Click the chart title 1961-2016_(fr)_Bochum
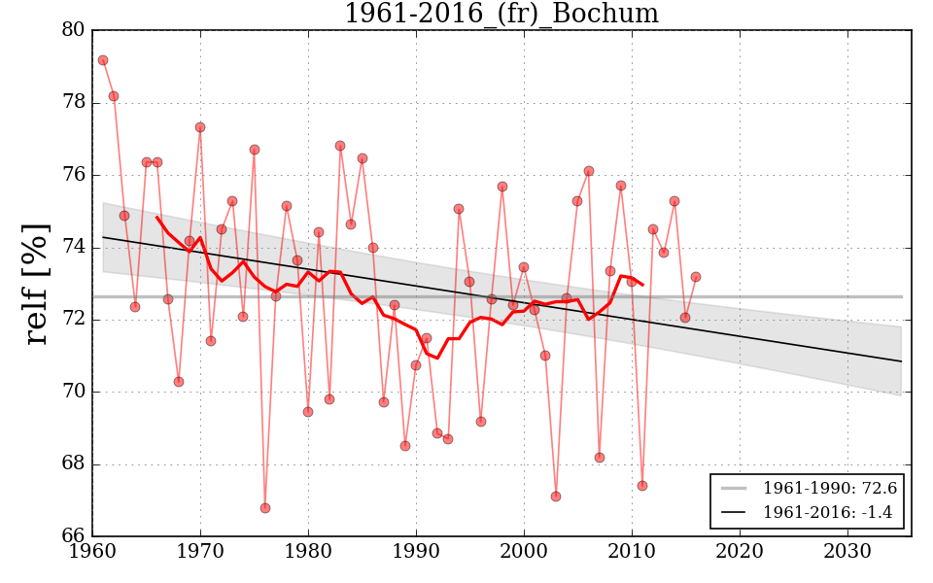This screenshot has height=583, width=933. pos(501,15)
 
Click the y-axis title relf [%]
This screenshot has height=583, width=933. pos(36,284)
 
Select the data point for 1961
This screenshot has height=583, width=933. pos(103,60)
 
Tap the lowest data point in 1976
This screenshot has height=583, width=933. pos(265,508)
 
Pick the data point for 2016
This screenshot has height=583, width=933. pos(696,277)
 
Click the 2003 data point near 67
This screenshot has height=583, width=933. pos(556,497)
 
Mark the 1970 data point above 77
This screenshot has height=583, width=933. pos(200,127)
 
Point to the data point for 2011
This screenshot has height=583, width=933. pos(642,486)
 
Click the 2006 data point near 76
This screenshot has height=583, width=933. pos(589,171)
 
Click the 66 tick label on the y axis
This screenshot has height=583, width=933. pos(74,536)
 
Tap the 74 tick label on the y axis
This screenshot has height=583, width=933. pos(74,248)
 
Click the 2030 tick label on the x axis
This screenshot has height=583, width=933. pos(847,551)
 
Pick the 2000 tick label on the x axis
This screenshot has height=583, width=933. pos(524,551)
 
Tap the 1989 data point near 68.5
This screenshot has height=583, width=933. pos(405,446)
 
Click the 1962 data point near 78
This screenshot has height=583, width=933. pos(114,96)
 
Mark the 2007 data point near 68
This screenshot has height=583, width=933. pos(600,458)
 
